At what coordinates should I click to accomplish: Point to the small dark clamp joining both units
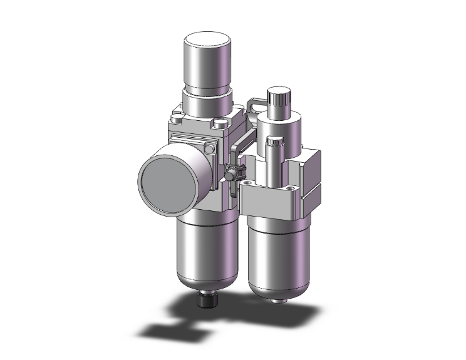click(x=232, y=172)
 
